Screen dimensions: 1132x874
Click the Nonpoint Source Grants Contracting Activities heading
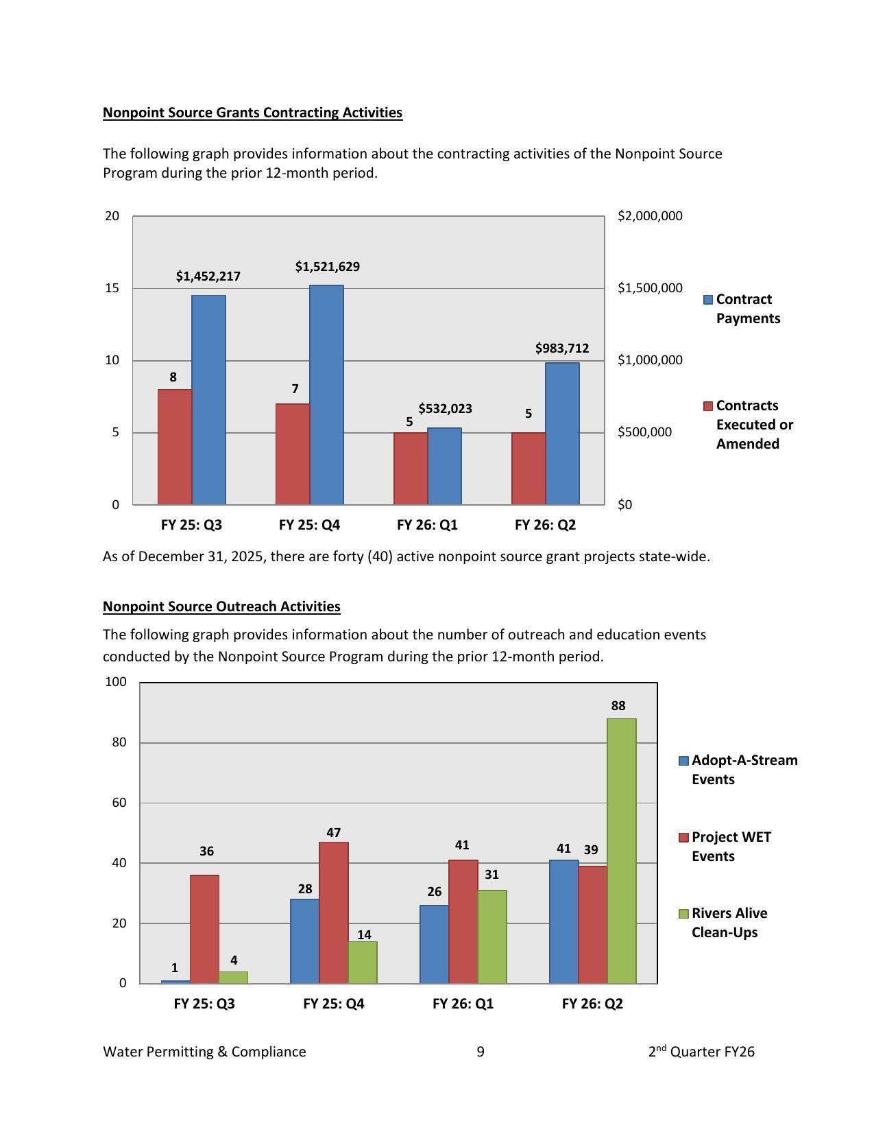point(252,113)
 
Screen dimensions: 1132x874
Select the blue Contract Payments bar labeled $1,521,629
point(326,394)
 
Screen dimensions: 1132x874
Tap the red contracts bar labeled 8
point(175,447)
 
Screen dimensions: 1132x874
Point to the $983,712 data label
point(562,349)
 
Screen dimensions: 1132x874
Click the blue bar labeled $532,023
point(444,466)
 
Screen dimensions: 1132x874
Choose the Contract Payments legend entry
point(743,309)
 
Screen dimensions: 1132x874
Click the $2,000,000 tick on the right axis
point(650,216)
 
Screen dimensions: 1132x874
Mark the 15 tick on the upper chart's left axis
point(112,288)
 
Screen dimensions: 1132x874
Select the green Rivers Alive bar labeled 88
point(621,851)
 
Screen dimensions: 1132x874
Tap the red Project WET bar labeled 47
point(334,912)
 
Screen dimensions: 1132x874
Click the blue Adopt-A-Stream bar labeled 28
point(304,941)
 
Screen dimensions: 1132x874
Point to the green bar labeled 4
point(233,977)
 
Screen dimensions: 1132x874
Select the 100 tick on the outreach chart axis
point(116,682)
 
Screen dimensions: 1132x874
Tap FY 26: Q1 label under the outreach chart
point(463,1004)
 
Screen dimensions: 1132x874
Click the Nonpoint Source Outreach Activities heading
point(221,606)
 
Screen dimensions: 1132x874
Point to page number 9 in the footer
point(481,1052)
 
